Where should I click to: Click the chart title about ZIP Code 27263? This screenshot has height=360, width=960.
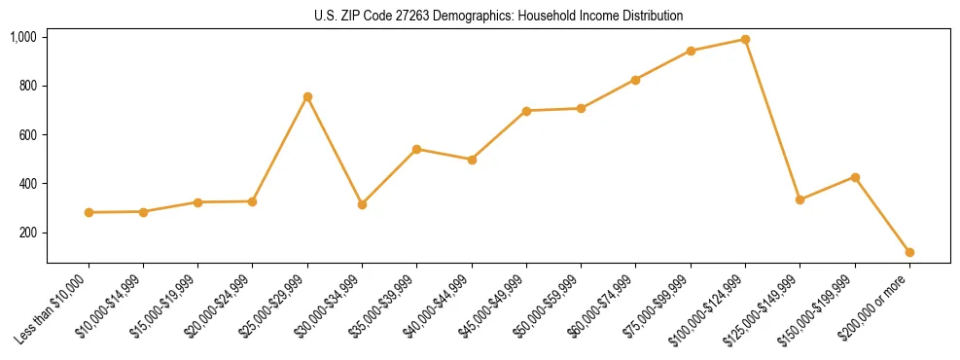coord(499,16)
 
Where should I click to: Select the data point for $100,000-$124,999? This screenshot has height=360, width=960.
coord(745,40)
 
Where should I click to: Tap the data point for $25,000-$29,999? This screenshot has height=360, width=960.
coord(307,97)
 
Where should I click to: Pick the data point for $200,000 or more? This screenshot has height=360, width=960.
coord(909,252)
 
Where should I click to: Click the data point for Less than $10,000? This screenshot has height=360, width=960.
coord(89,212)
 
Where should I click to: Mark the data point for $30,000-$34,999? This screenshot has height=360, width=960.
coord(362,204)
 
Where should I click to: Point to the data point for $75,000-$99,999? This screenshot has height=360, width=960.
coord(691,51)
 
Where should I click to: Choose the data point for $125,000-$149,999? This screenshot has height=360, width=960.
coord(800,199)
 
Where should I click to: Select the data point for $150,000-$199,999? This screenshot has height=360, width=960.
coord(855,177)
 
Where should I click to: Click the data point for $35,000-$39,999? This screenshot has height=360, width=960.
coord(416,149)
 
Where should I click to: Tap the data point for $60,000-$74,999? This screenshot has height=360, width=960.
coord(635,80)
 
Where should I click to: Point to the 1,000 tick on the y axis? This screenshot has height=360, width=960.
coord(23,37)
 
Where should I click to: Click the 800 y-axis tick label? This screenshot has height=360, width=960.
coord(27,86)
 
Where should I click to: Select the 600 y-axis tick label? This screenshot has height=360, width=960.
coord(27,134)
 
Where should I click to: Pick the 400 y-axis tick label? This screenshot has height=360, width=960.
coord(27,184)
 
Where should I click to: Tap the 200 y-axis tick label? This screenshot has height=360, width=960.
coord(27,233)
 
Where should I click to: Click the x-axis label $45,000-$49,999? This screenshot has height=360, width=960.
coord(496,306)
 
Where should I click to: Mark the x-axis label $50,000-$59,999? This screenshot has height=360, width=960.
coord(551,306)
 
